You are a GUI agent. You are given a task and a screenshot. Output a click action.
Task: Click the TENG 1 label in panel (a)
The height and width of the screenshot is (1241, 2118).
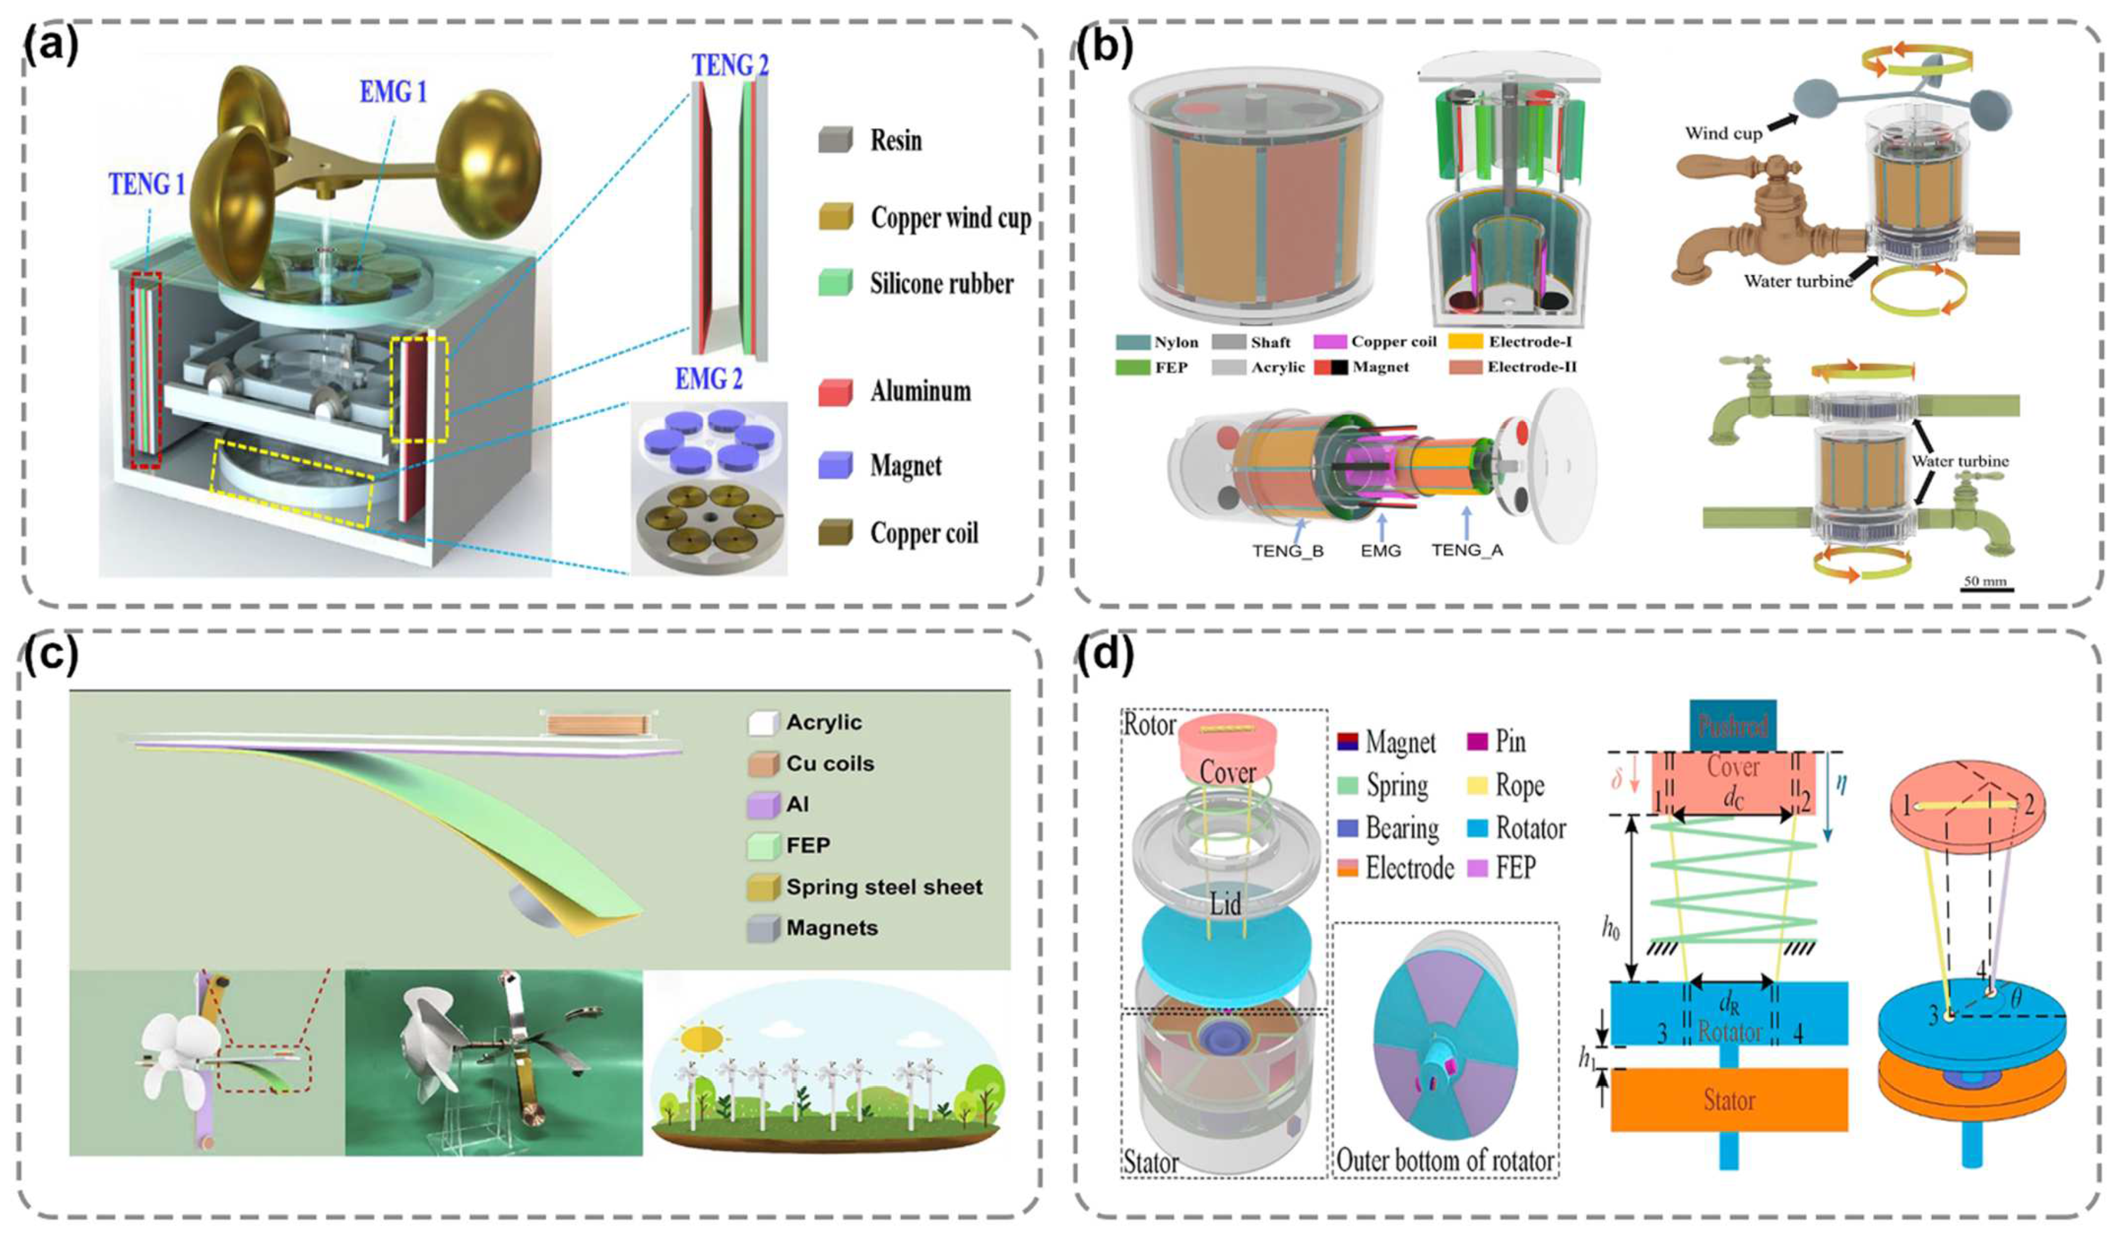(x=146, y=184)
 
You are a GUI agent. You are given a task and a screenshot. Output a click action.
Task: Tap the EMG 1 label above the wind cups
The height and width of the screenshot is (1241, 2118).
(x=393, y=92)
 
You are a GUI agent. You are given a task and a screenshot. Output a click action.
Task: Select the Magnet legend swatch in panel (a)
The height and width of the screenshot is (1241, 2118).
(x=835, y=465)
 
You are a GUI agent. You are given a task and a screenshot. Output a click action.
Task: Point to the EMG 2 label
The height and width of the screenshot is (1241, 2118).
(x=709, y=379)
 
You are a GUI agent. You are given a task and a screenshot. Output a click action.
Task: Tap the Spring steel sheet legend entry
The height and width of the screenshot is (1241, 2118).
(x=883, y=888)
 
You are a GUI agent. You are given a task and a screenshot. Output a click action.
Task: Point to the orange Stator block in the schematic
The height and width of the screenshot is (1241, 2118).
(x=1729, y=1101)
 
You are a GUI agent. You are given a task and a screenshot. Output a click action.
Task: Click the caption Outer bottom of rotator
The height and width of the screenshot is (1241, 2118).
(x=1444, y=1161)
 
